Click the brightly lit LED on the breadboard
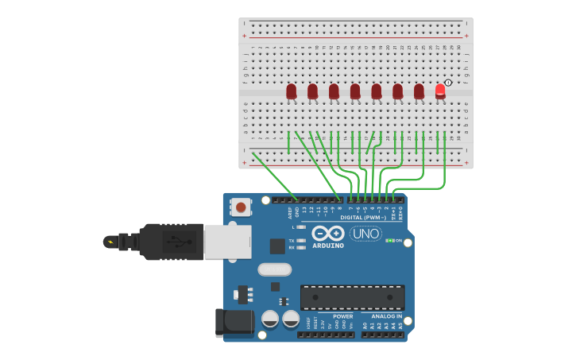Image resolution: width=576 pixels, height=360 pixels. pyautogui.click(x=440, y=90)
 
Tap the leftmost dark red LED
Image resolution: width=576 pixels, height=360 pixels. pyautogui.click(x=292, y=91)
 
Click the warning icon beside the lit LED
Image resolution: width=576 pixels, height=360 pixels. pyautogui.click(x=449, y=83)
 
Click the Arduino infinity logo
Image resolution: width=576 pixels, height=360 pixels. pyautogui.click(x=327, y=234)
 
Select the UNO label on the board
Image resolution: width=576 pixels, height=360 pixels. pyautogui.click(x=365, y=234)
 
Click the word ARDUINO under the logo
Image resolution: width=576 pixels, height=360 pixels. pyautogui.click(x=327, y=246)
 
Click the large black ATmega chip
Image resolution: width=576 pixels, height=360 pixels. pyautogui.click(x=352, y=297)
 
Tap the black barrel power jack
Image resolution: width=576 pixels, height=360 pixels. pyautogui.click(x=234, y=323)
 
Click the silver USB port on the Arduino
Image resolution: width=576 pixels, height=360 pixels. pyautogui.click(x=228, y=242)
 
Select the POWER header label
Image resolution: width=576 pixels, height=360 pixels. pyautogui.click(x=343, y=316)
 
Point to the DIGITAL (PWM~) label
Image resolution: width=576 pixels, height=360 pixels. pyautogui.click(x=363, y=217)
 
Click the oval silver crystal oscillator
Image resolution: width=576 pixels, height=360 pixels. pyautogui.click(x=275, y=269)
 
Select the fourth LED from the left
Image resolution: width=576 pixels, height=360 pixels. pyautogui.click(x=355, y=91)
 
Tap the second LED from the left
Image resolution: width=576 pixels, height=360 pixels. pyautogui.click(x=313, y=91)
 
